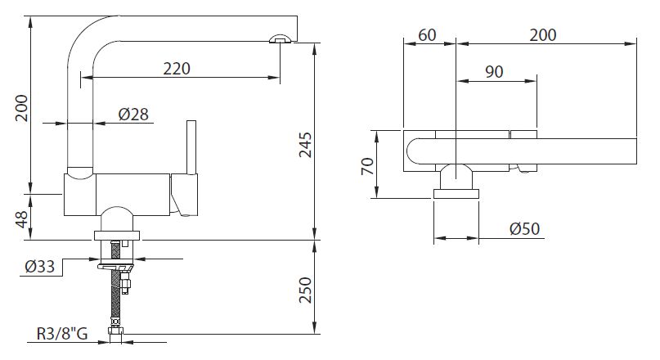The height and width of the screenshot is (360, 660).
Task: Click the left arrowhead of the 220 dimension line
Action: [x=86, y=78]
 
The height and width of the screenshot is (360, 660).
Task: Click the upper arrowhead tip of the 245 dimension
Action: [x=314, y=43]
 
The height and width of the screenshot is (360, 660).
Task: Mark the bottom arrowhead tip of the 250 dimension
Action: [x=314, y=334]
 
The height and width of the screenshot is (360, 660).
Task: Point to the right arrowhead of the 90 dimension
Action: [x=532, y=80]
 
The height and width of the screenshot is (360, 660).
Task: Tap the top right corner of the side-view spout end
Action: [x=297, y=16]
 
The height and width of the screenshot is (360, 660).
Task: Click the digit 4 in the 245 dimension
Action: [x=305, y=145]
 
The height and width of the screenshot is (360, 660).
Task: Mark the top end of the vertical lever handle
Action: [x=191, y=121]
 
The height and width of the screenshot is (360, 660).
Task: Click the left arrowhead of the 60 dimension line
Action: [x=409, y=43]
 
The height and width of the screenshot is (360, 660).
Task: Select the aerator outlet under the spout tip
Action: [x=280, y=38]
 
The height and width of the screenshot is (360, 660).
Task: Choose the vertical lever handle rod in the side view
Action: [x=191, y=148]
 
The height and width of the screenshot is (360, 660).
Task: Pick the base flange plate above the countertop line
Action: [x=117, y=236]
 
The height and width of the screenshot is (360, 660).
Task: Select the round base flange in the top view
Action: [x=456, y=194]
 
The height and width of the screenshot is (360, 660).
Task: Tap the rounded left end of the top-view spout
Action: [x=412, y=151]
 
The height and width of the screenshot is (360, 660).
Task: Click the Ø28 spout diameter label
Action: [x=133, y=114]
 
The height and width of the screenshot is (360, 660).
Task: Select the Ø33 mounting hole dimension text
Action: [x=40, y=267]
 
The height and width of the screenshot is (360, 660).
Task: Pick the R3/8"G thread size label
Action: [x=62, y=334]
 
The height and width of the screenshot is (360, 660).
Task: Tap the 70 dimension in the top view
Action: [x=367, y=166]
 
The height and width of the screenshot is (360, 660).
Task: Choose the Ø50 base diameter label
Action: [x=524, y=228]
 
